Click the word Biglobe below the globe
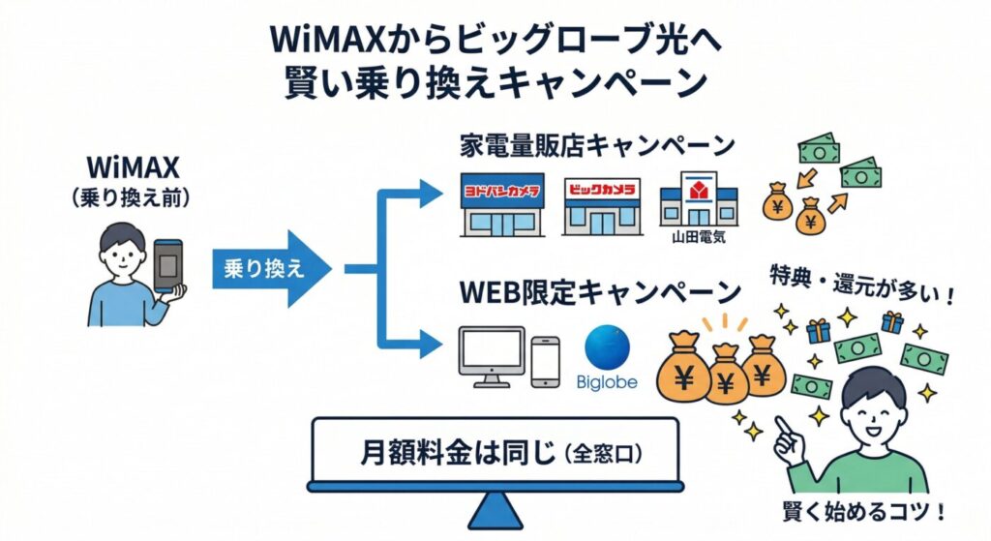[608, 381]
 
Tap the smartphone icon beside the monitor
[546, 361]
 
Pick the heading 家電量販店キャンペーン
[597, 147]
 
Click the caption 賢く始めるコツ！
[866, 511]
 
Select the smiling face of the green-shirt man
[876, 406]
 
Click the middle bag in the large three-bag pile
[724, 376]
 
